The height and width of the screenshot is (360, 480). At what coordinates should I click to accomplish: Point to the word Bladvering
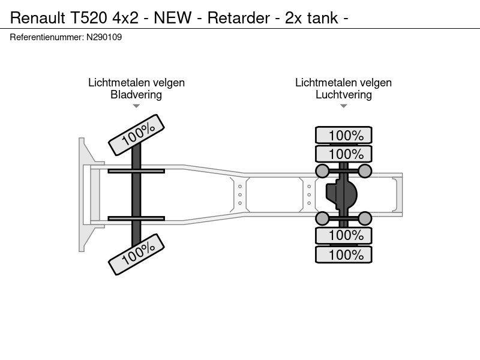pyautogui.click(x=136, y=94)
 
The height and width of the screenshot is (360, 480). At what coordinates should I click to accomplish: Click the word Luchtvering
pyautogui.click(x=343, y=94)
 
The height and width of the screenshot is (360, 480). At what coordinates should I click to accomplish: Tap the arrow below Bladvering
pyautogui.click(x=136, y=106)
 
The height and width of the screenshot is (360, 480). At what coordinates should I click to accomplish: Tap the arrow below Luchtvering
pyautogui.click(x=343, y=106)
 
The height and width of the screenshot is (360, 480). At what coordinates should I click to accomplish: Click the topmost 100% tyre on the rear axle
pyautogui.click(x=344, y=135)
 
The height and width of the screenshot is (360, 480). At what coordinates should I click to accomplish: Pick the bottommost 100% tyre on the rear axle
pyautogui.click(x=344, y=255)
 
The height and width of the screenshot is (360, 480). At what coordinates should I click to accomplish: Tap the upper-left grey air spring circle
pyautogui.click(x=323, y=172)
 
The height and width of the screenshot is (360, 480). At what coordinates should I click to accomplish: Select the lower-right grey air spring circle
pyautogui.click(x=365, y=218)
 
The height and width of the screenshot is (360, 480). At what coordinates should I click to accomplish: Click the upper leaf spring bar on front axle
pyautogui.click(x=136, y=172)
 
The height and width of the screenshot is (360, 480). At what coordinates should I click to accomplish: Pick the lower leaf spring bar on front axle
pyautogui.click(x=136, y=218)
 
